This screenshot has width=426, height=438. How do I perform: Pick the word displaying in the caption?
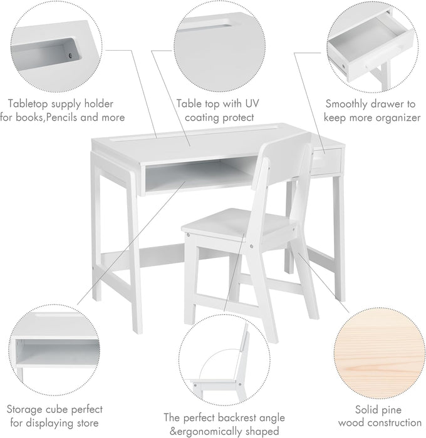pos(60,423)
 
